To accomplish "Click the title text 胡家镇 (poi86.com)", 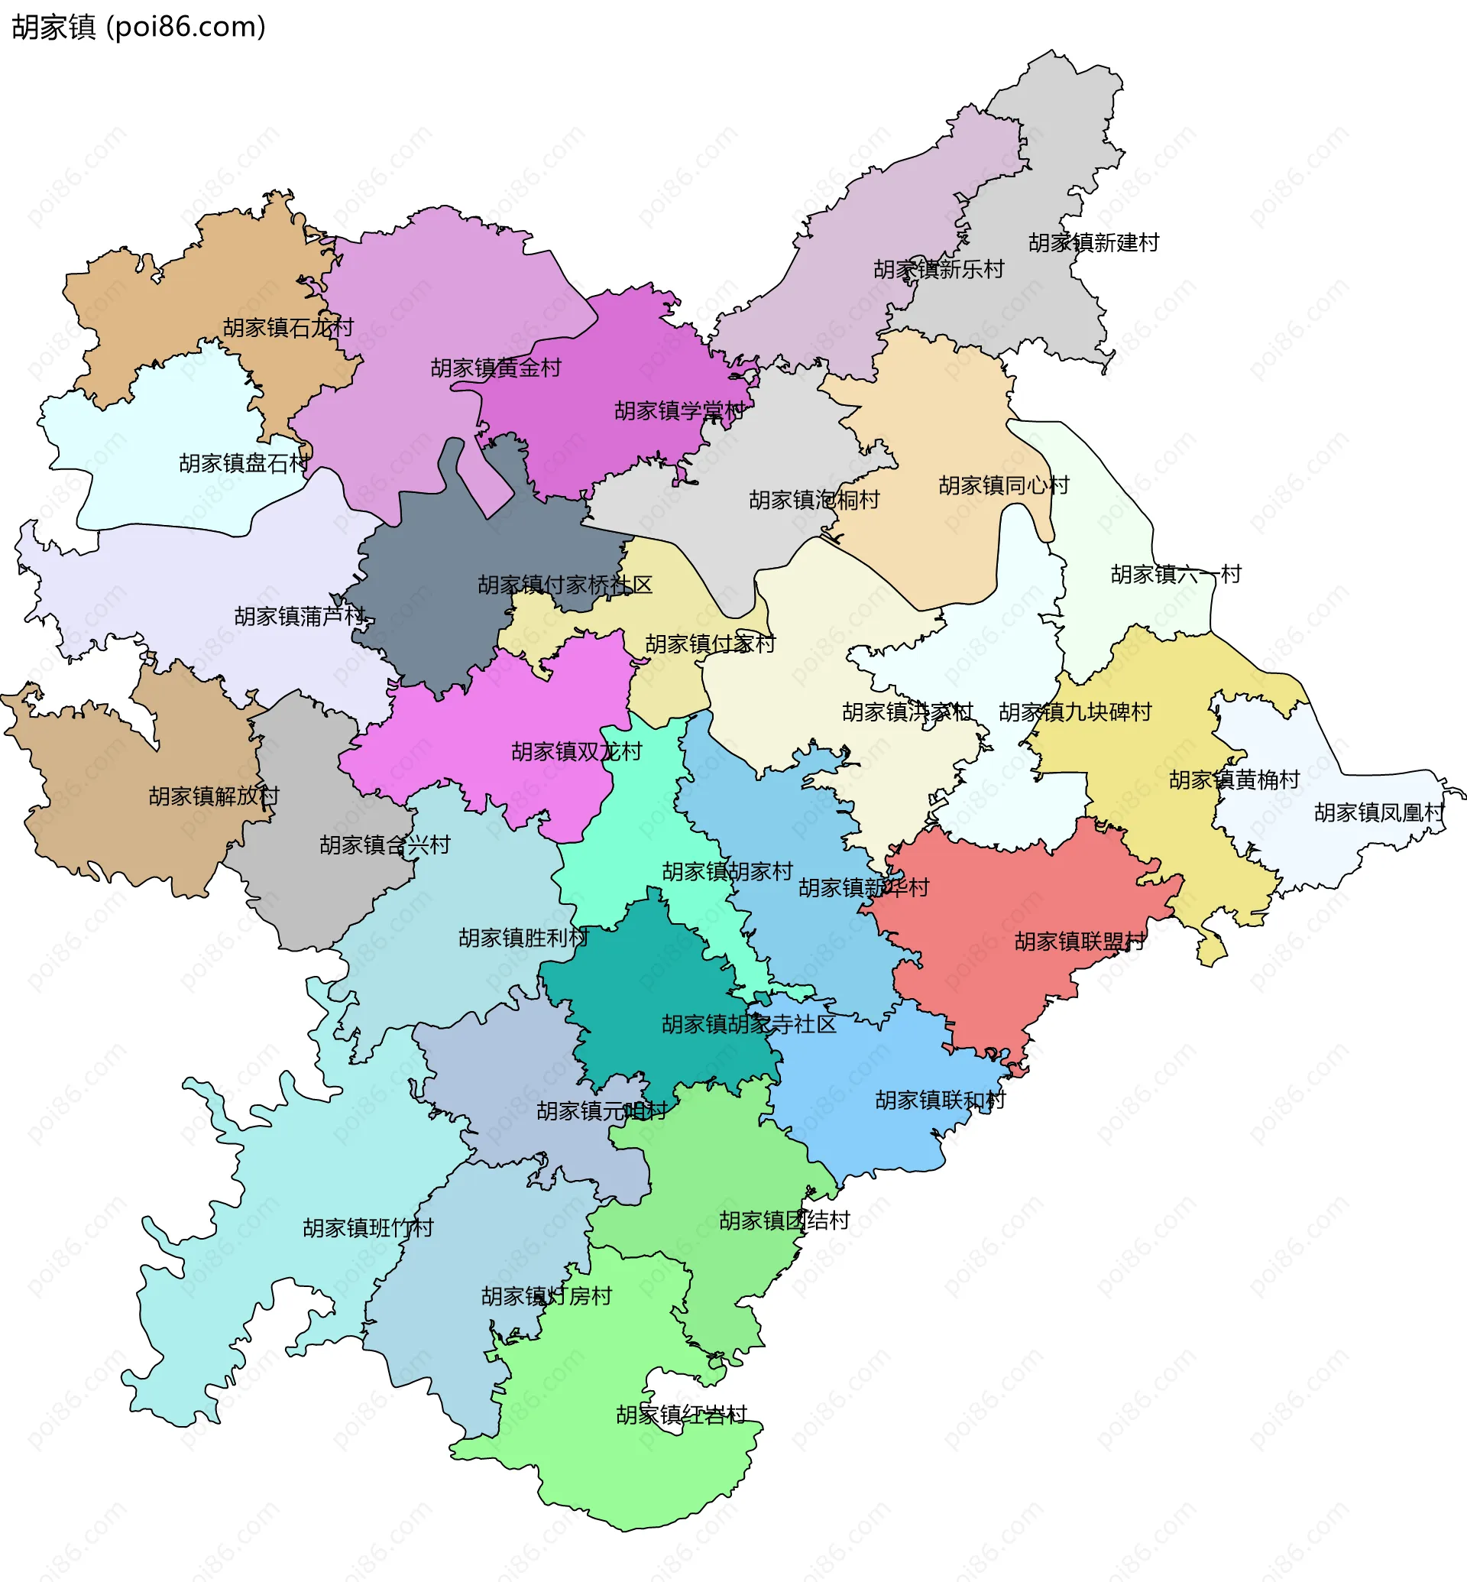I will (138, 27).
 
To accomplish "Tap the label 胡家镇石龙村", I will (288, 327).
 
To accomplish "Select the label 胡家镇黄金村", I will (495, 368).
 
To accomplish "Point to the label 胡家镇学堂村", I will (679, 410).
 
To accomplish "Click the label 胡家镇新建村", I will (1093, 242).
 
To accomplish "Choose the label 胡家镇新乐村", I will (938, 269).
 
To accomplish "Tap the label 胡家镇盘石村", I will (244, 463).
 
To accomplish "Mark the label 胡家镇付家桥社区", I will (565, 585).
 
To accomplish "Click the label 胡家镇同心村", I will (1003, 485).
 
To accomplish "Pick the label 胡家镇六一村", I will (1175, 573).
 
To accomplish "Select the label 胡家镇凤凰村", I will (1379, 812).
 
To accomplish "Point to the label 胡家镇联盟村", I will (1080, 941).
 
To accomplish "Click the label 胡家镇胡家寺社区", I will (749, 1023).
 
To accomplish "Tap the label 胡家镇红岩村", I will (681, 1415).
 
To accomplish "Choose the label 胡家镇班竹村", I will (368, 1228).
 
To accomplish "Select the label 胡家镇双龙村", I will (576, 751).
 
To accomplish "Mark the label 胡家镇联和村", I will (940, 1100).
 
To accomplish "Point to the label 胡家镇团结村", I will (784, 1220).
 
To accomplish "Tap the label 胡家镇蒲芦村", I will (300, 615).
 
